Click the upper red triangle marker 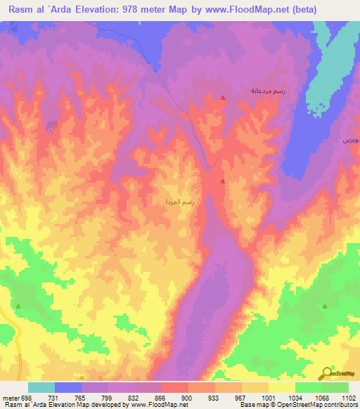[223, 98]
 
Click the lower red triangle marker [223, 181]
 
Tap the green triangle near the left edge [18, 306]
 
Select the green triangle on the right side [325, 306]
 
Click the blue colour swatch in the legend [68, 387]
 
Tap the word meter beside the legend [10, 398]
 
